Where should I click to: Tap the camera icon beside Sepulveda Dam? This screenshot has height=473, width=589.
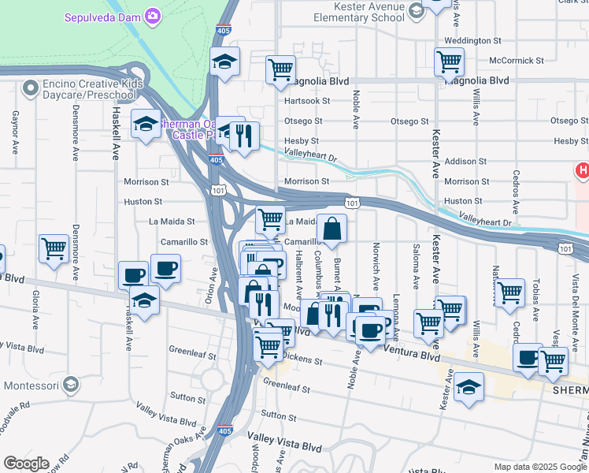tap(154, 16)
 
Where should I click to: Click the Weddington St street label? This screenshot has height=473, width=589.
tap(472, 40)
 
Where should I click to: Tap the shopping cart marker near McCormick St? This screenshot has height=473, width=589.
tap(449, 60)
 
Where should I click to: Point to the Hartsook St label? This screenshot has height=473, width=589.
tap(303, 101)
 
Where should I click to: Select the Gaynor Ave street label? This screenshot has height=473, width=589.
tap(15, 128)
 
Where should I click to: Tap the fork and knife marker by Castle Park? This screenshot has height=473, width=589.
tap(244, 136)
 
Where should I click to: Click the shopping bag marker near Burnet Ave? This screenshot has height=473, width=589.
tap(332, 228)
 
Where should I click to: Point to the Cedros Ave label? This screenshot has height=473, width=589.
tap(517, 192)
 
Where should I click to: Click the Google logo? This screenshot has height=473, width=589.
tap(25, 464)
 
